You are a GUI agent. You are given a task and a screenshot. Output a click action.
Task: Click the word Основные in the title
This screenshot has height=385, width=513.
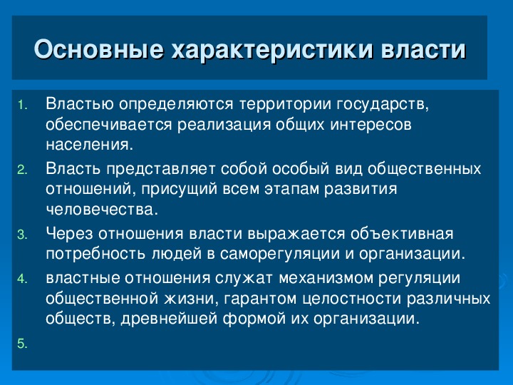point(98,49)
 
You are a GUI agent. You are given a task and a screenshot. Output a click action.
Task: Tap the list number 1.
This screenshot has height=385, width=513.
point(22,105)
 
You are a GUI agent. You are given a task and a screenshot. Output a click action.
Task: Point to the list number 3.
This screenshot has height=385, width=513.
point(22,235)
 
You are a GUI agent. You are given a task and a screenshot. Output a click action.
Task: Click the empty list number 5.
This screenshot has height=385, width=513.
point(22,344)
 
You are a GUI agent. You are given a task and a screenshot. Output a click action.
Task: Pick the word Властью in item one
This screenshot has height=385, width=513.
point(80,104)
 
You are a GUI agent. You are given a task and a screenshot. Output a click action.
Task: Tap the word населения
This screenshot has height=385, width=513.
point(90,145)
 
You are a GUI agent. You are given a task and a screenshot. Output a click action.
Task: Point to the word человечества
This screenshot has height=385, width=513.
point(102,210)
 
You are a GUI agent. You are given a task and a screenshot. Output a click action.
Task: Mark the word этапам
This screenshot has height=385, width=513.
point(292,189)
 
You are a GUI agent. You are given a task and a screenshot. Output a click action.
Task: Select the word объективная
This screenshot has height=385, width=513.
point(402,234)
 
